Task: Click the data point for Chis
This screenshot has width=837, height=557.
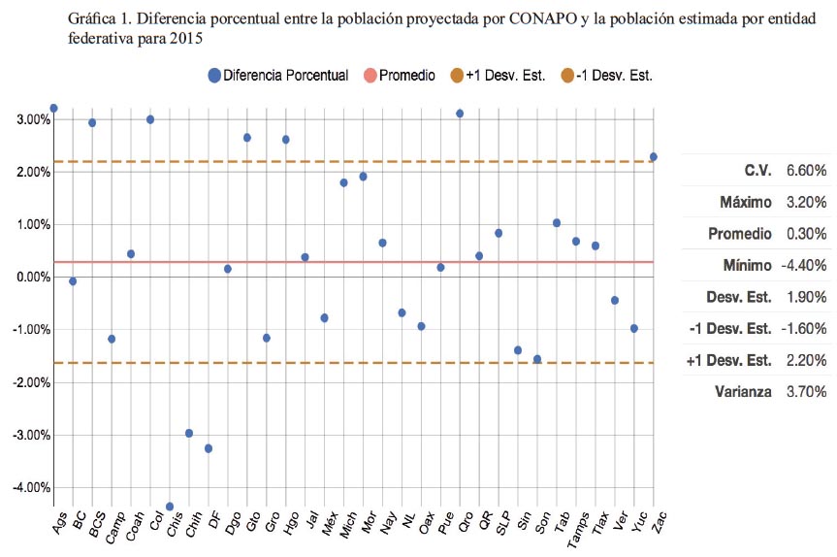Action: (x=170, y=507)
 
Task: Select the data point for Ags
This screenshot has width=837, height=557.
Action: (x=53, y=108)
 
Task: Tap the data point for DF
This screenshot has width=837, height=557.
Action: (x=209, y=448)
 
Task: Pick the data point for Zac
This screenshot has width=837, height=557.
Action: (x=654, y=156)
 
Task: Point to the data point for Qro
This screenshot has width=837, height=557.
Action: (x=460, y=114)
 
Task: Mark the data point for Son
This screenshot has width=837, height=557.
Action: (x=537, y=359)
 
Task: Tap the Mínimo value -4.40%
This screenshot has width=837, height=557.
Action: (x=806, y=265)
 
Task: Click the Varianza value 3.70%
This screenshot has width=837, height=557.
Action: (x=806, y=392)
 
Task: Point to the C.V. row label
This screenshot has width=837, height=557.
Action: (x=756, y=171)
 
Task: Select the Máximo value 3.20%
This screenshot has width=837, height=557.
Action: (x=806, y=202)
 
